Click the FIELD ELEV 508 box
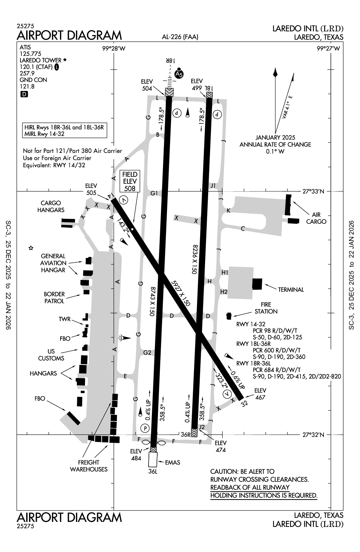pos(130,181)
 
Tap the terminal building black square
pos(257,283)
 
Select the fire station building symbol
pos(229,315)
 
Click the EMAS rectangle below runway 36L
pos(153,459)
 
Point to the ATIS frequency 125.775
pos(30,54)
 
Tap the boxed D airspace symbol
pos(24,94)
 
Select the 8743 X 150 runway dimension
pos(153,301)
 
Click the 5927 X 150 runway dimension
pos(181,293)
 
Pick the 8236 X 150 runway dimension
pos(196,260)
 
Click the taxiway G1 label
pos(154,193)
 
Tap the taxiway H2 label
pos(224,292)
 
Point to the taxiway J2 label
pos(201,427)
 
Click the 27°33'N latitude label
pos(314,192)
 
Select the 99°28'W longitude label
pos(114,49)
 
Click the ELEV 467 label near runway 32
pos(260,394)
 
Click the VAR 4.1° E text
pos(287,107)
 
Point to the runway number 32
pos(245,403)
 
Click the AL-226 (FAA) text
pos(180,37)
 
